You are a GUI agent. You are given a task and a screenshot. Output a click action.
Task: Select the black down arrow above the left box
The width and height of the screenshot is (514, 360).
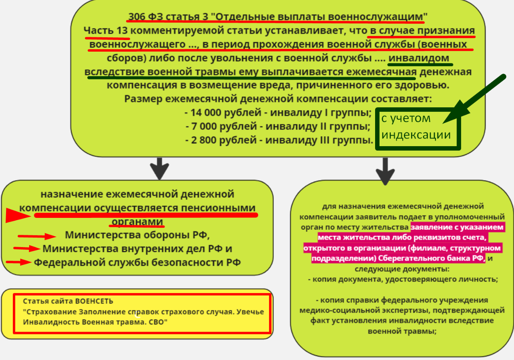pos(159,168)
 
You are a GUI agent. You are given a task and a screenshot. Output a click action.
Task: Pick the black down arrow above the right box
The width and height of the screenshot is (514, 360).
pos(385,171)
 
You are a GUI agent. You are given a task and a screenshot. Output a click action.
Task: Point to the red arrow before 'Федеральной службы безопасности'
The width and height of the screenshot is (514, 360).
pos(18,262)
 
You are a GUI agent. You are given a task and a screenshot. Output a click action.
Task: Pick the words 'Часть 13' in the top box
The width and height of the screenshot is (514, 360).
pos(105,31)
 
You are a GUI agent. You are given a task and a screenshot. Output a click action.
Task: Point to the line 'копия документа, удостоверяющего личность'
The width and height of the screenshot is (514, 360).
pos(403,280)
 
